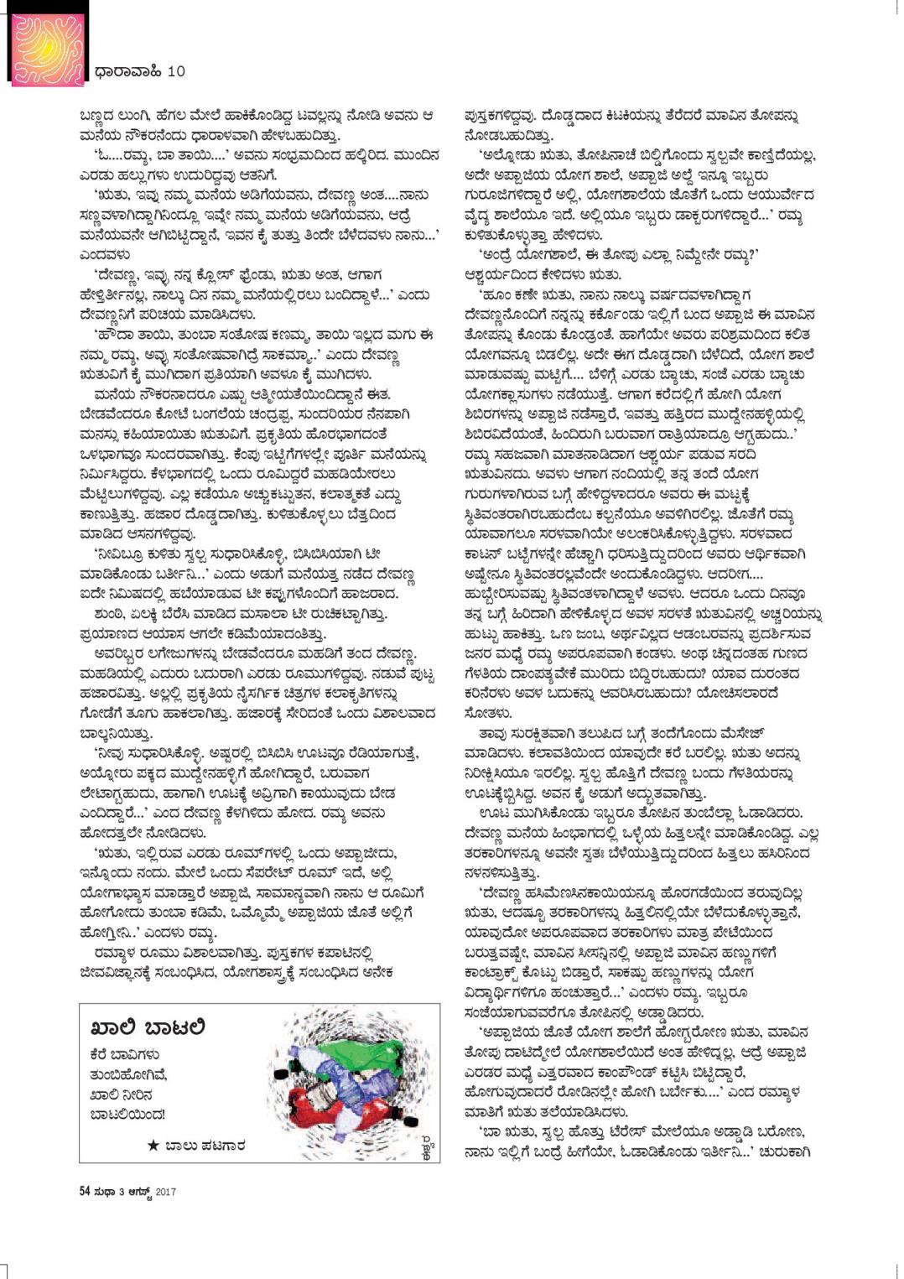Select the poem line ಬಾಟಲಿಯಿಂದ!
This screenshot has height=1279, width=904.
tap(127, 1115)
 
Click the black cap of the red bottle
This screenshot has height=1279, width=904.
tap(408, 1122)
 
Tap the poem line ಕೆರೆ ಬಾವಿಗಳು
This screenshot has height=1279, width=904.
tap(125, 1055)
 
